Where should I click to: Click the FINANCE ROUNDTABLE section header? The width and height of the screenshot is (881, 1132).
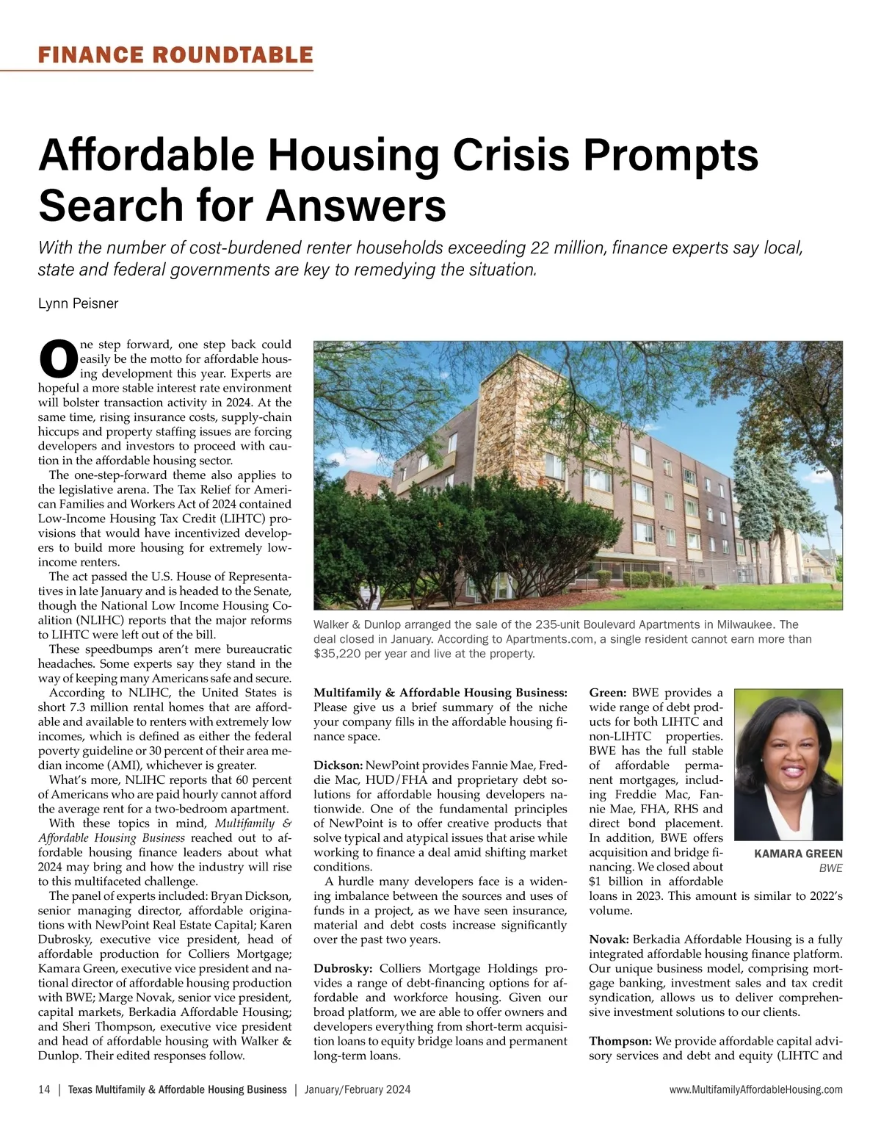coord(175,55)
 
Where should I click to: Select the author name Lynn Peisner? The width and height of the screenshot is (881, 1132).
coord(78,303)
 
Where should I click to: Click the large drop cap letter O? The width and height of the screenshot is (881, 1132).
coord(57,357)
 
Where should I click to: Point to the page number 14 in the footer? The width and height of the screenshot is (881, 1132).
coord(44,1089)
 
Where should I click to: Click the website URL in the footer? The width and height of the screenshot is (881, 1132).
coord(755,1090)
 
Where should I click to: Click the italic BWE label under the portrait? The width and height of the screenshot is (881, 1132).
coord(830,868)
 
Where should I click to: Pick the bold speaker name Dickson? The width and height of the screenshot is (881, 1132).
coord(337,765)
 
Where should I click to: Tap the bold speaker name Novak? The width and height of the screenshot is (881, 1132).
coord(608,940)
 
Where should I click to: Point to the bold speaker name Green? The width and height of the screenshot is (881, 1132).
coord(607,693)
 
